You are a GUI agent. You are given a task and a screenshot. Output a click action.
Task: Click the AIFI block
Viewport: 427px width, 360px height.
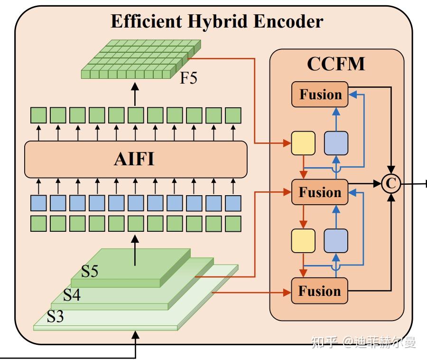pos(136,160)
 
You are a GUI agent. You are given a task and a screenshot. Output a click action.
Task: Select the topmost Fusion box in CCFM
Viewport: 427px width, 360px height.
pos(320,95)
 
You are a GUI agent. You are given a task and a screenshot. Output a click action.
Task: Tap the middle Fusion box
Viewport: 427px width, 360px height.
pos(320,192)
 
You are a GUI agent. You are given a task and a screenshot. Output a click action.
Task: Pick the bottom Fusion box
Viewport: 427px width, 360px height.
pos(320,291)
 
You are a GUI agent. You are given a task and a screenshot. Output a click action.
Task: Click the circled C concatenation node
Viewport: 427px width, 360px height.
pos(391,184)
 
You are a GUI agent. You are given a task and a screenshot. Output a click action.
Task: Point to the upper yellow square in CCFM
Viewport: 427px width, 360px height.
pos(303,143)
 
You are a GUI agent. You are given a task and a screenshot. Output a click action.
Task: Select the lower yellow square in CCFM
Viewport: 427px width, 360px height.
pos(303,241)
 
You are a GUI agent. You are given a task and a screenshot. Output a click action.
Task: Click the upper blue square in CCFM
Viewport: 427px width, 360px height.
pos(336,143)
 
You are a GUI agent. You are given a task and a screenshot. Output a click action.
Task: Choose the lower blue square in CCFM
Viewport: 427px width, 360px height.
pos(336,241)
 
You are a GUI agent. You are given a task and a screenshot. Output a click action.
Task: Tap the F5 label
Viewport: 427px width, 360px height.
pos(188,78)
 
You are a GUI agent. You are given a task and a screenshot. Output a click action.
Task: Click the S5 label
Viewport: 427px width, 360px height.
pos(90,271)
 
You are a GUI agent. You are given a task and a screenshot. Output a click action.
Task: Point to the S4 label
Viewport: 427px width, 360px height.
pos(72,295)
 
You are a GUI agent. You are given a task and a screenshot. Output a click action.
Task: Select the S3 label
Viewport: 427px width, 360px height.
pos(56,316)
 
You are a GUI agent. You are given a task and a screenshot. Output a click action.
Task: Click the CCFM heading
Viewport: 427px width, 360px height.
pos(336,64)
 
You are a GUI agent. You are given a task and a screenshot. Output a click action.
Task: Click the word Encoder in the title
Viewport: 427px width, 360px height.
pos(288,21)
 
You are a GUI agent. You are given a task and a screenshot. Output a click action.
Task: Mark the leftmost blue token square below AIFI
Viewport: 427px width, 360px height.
pos(38,203)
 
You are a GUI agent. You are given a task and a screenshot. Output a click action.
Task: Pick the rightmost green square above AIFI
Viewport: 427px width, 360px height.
pos(233,115)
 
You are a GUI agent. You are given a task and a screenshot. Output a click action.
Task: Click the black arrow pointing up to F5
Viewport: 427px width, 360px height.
pos(135,94)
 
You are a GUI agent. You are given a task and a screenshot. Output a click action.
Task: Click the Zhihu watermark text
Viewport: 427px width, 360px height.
pos(364,342)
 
